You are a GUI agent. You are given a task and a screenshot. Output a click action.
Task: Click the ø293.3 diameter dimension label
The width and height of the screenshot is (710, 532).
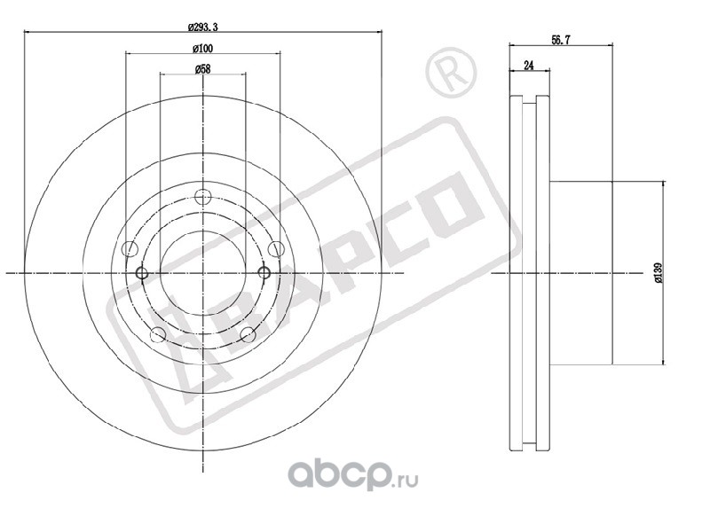click(203, 27)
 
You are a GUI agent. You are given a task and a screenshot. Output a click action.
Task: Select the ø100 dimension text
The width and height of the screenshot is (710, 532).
click(202, 48)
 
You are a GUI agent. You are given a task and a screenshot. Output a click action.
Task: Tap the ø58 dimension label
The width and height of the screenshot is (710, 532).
click(203, 69)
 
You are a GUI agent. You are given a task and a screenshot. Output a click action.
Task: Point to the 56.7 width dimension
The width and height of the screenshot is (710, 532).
click(561, 40)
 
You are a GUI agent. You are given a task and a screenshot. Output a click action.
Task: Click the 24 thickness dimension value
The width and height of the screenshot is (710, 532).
click(528, 66)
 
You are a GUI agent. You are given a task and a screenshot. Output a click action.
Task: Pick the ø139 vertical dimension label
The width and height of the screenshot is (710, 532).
click(658, 273)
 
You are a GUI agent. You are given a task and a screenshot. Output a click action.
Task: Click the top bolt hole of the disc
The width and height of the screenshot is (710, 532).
click(203, 197)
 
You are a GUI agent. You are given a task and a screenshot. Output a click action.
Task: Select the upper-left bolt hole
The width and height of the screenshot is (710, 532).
click(130, 249)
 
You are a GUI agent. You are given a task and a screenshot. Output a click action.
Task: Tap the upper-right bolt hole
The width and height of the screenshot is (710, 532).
click(275, 249)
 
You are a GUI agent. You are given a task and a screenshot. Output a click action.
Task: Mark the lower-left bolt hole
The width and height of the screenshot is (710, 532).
click(158, 335)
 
